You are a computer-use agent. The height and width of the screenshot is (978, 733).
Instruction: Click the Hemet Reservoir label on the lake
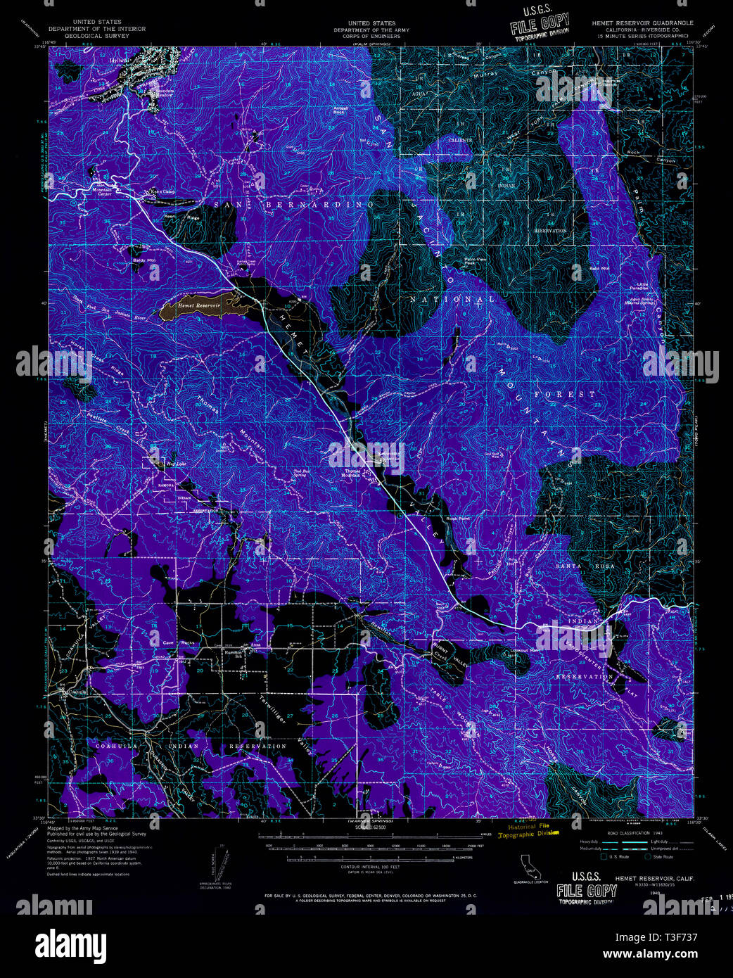tap(199, 306)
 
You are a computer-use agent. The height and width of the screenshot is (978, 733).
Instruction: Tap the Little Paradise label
tap(639, 286)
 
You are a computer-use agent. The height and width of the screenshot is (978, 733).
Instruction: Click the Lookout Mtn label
tap(525, 652)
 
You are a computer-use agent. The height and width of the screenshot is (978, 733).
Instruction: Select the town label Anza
tap(255, 645)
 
